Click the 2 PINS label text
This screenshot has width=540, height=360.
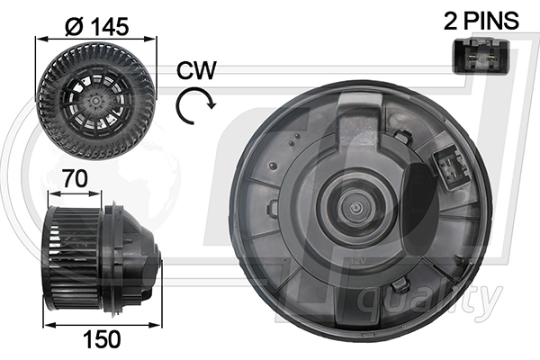coord(481,21)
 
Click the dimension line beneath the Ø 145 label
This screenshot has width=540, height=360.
coord(95,39)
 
